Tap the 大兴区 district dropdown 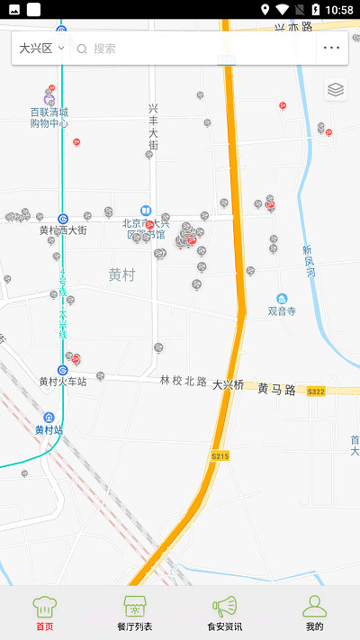[41, 48]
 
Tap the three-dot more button [332, 48]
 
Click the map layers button [336, 89]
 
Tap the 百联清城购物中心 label [49, 118]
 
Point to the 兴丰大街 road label [153, 126]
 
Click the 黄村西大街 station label [63, 230]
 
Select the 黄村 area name [121, 275]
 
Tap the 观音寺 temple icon [282, 299]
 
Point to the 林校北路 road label [184, 382]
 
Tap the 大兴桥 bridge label [228, 384]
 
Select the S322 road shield [315, 391]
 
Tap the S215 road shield [220, 456]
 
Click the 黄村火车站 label [63, 382]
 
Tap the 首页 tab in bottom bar [44, 612]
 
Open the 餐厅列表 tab [135, 612]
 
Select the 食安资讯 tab [224, 612]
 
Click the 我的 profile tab [314, 612]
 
